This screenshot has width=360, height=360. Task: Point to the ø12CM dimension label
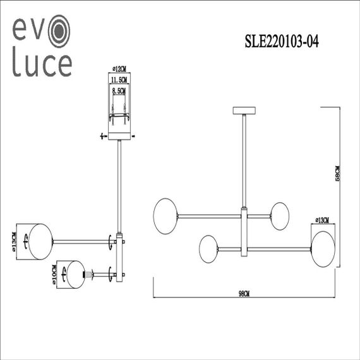(119, 68)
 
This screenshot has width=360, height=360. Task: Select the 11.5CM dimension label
(119, 80)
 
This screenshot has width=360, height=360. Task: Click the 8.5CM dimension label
(119, 92)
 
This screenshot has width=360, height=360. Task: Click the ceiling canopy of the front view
(243, 112)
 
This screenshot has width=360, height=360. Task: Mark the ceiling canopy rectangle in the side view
(119, 136)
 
